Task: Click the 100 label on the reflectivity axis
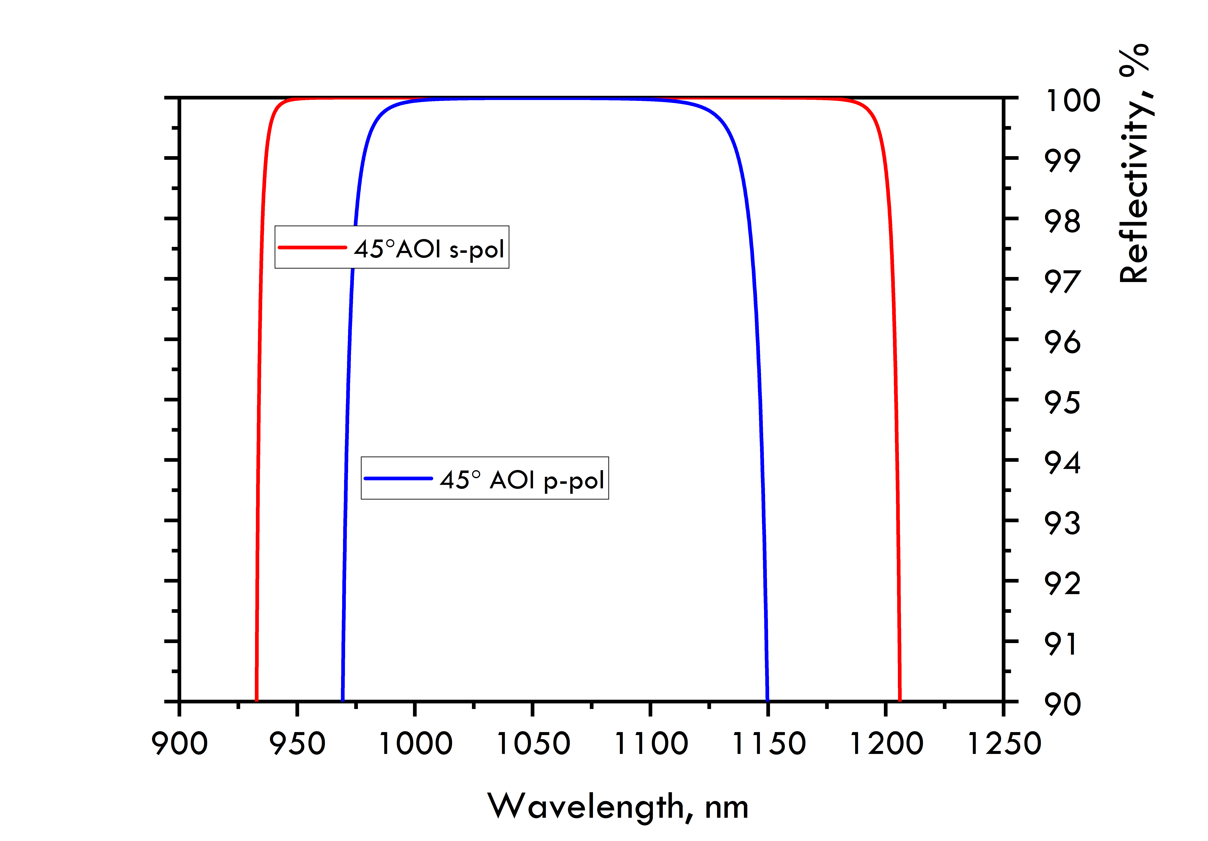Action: (x=1073, y=101)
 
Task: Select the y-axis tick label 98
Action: (x=1062, y=221)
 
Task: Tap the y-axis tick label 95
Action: (x=1062, y=403)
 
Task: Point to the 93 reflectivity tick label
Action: (x=1062, y=524)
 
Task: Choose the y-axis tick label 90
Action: (x=1062, y=705)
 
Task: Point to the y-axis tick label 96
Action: (x=1062, y=342)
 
